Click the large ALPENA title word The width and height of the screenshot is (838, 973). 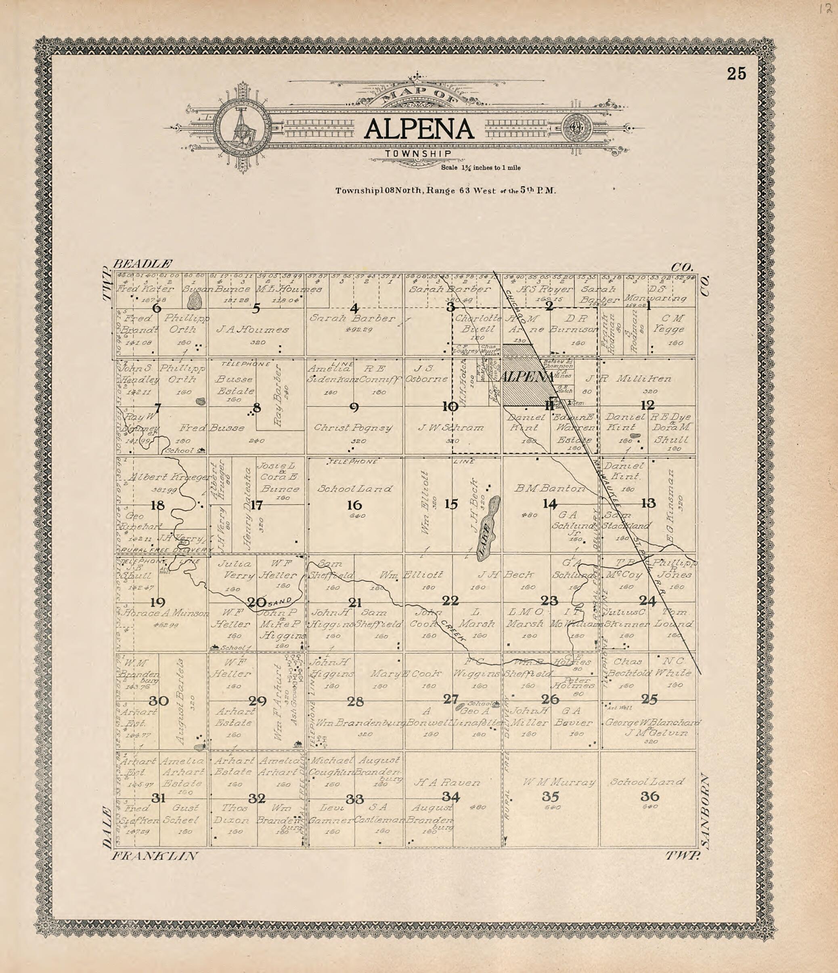click(x=419, y=129)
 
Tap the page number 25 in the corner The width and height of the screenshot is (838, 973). click(x=736, y=74)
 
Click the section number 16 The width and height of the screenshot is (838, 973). click(x=354, y=505)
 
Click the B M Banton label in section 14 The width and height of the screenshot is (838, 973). click(x=550, y=489)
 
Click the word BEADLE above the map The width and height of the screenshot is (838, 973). click(x=143, y=263)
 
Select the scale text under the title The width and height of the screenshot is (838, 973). click(x=480, y=168)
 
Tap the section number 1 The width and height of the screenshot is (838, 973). click(x=648, y=306)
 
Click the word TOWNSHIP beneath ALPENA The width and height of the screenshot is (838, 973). click(x=418, y=154)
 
